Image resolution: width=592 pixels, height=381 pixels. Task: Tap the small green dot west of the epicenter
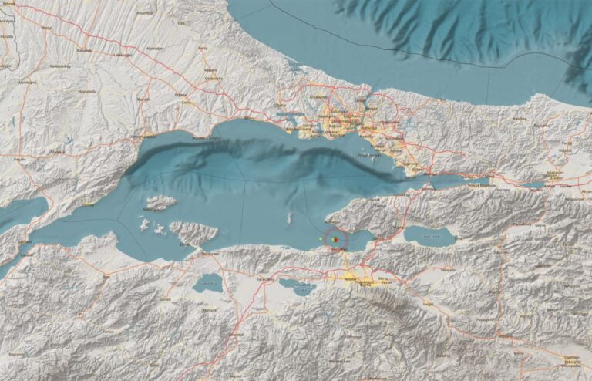321,240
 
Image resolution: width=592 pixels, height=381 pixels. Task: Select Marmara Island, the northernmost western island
160,203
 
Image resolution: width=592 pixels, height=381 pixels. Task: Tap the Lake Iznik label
429,237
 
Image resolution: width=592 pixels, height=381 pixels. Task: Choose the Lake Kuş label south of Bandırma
207,284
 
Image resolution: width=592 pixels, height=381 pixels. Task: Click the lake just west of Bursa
297,287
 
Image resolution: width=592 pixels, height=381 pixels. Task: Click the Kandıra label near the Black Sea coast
520,120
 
